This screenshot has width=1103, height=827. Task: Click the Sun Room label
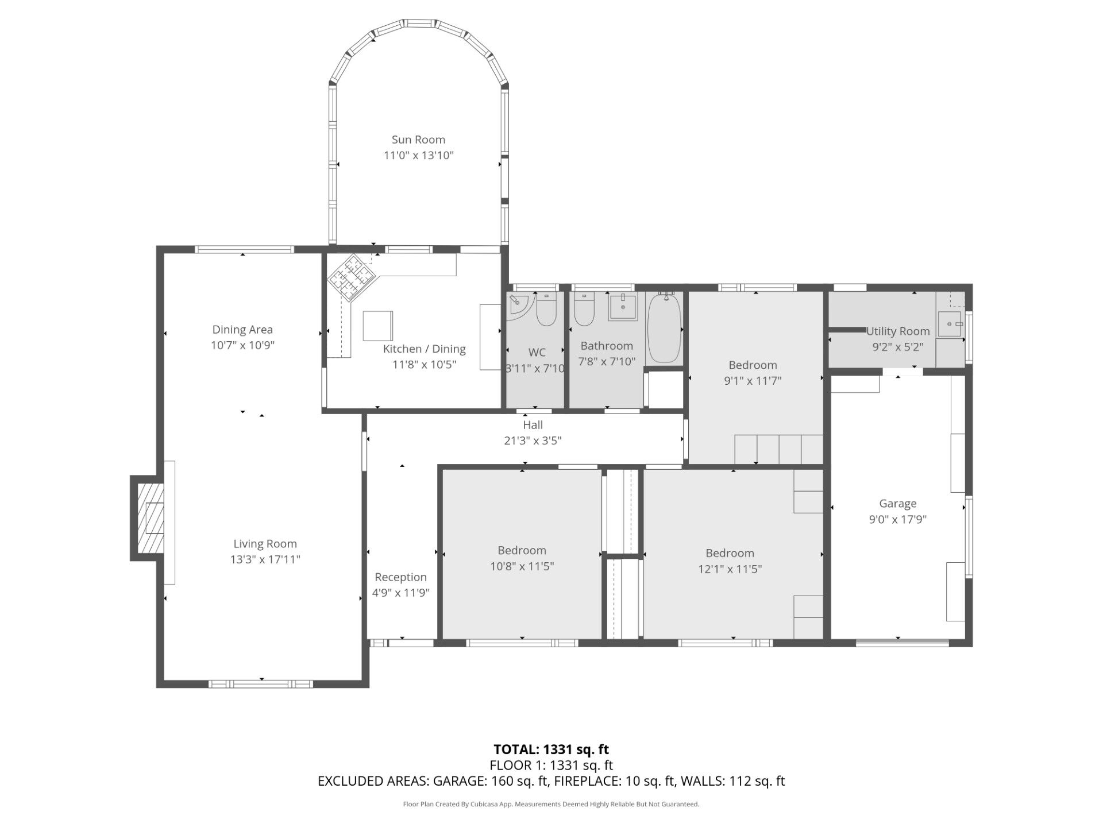coord(418,140)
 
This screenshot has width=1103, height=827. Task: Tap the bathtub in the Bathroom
coord(665,328)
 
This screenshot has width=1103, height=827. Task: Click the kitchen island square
coord(378,326)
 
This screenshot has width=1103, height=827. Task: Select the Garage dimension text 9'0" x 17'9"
coord(898,520)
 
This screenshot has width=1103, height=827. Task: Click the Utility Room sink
coord(950,324)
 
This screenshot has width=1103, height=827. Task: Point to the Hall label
coord(533,425)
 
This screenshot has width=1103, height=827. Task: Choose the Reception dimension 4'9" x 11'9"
coord(401,593)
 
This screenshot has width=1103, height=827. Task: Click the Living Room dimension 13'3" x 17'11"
coord(265,559)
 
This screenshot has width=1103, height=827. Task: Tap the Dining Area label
coord(242,330)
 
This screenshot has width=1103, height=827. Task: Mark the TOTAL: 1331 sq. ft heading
coord(551,749)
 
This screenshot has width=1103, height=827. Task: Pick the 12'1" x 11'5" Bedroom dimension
coord(730,569)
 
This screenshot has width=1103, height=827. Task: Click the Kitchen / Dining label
coord(425,349)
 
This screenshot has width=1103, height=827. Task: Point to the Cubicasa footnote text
coord(551,805)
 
